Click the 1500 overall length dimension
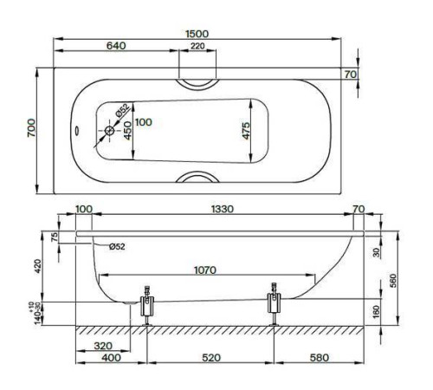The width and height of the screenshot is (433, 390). coord(201,34)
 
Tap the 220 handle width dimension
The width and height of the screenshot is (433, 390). coord(198,46)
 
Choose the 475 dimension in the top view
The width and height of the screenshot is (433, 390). coord(246,131)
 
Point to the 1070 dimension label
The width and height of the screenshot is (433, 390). coord(205,270)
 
